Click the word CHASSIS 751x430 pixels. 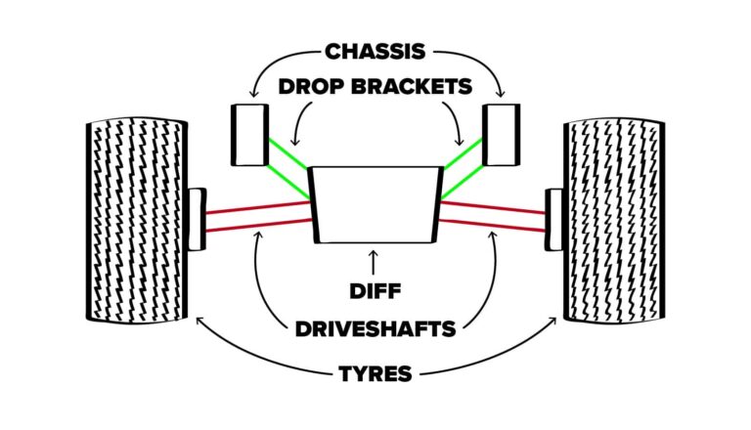(x=375, y=52)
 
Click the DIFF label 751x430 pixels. (x=375, y=290)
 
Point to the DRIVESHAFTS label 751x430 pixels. (x=375, y=327)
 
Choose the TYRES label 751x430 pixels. (x=375, y=372)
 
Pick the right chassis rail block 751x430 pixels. (x=502, y=133)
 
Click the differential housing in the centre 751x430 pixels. (x=375, y=204)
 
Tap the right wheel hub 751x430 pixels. (x=553, y=218)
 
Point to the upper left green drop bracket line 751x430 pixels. (x=287, y=156)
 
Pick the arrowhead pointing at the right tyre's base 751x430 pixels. (x=560, y=319)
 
